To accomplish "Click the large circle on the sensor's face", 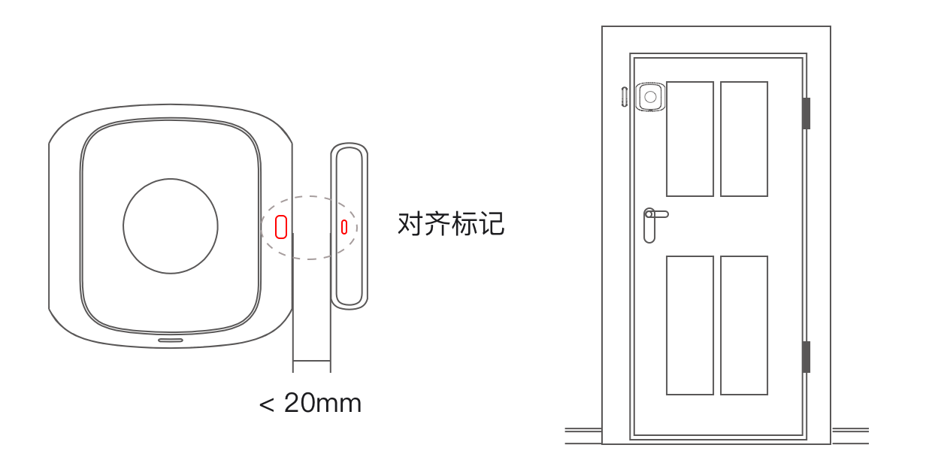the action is (x=171, y=225).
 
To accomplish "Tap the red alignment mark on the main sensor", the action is (x=281, y=226).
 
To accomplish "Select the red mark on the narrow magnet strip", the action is (x=344, y=226).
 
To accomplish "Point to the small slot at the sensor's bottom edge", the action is (x=171, y=340).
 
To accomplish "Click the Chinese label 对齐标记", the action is (x=450, y=224).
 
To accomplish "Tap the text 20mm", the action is (x=322, y=404).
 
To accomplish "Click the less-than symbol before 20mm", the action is (x=266, y=404).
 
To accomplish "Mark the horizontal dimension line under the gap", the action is (x=311, y=361).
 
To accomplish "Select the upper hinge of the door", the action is (x=806, y=114).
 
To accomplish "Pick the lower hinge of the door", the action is (x=806, y=356).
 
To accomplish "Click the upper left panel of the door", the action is (x=690, y=139).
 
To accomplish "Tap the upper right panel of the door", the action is (x=744, y=139).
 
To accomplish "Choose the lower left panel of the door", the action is (x=690, y=325).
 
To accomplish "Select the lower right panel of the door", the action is (x=744, y=325).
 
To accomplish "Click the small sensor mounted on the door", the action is (x=650, y=97).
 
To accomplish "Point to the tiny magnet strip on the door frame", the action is (x=625, y=96).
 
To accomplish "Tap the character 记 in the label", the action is (x=492, y=224).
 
